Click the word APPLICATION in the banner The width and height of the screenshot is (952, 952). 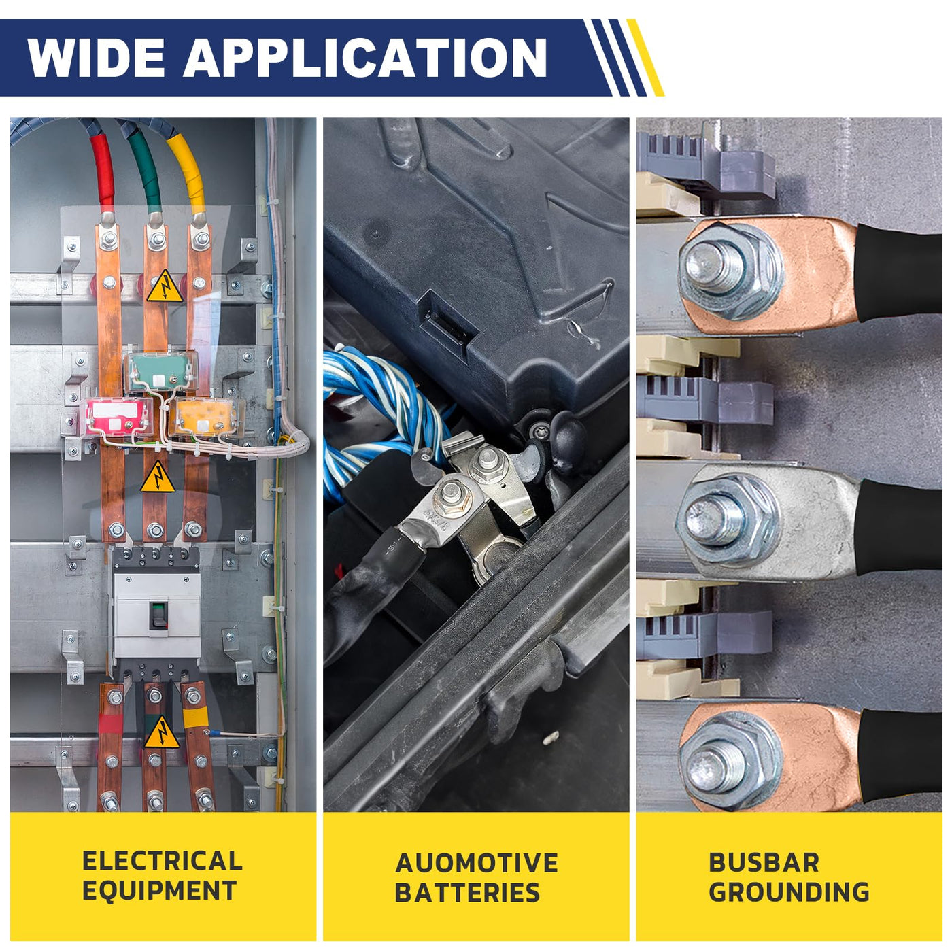(x=365, y=58)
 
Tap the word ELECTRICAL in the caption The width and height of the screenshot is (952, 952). (x=162, y=861)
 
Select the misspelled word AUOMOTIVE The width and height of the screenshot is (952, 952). (x=476, y=863)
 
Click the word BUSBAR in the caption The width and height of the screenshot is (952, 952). (x=764, y=862)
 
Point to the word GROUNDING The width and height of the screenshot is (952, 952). (x=789, y=892)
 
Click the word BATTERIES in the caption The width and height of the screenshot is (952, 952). (x=467, y=893)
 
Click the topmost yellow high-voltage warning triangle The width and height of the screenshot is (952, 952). (x=164, y=288)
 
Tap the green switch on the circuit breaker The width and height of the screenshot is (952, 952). (x=158, y=613)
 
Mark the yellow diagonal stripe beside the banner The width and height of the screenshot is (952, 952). (x=645, y=58)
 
